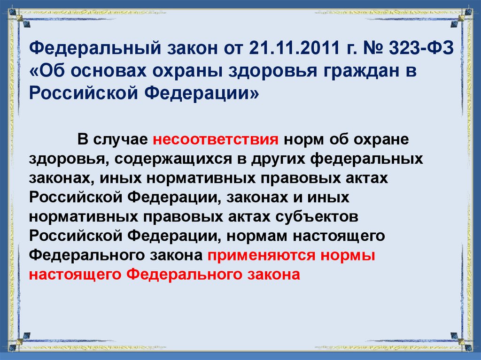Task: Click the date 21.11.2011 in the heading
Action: (288, 48)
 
